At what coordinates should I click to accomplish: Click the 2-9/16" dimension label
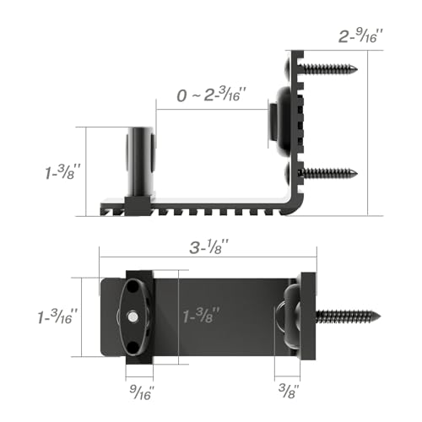tap(361, 37)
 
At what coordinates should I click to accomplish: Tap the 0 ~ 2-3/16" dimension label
tap(212, 95)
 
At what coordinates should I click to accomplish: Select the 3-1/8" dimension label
tap(208, 247)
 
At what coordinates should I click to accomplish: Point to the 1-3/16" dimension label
tap(57, 316)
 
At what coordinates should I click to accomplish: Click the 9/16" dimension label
tap(142, 392)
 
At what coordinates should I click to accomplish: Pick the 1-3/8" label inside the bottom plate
tap(201, 315)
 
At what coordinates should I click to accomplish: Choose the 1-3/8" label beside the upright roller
tap(62, 171)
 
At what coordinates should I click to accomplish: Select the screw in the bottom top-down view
tap(349, 316)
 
